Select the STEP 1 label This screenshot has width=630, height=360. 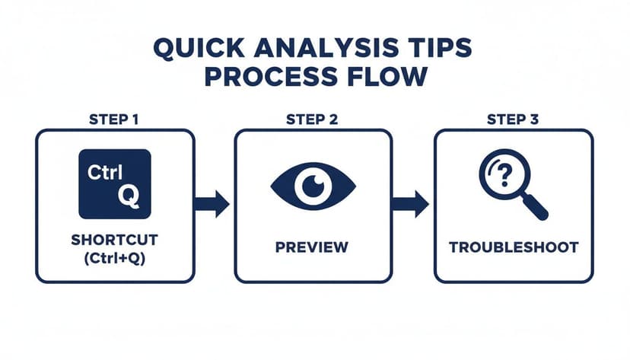click(114, 119)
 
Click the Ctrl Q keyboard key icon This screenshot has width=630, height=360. click(115, 184)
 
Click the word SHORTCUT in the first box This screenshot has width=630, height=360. click(114, 240)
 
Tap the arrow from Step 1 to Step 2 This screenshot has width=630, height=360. click(212, 203)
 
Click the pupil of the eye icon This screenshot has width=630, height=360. click(314, 185)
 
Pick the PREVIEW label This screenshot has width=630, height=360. click(313, 247)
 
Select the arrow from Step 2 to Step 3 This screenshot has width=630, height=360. click(410, 203)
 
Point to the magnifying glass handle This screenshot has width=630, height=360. click(536, 205)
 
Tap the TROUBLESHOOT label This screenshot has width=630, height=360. click(514, 247)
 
